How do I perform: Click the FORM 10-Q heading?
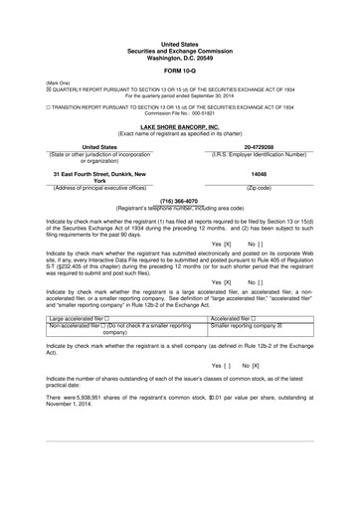[x=179, y=72]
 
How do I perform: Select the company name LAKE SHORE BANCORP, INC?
[x=179, y=127]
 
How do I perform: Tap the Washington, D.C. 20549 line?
[x=179, y=58]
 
